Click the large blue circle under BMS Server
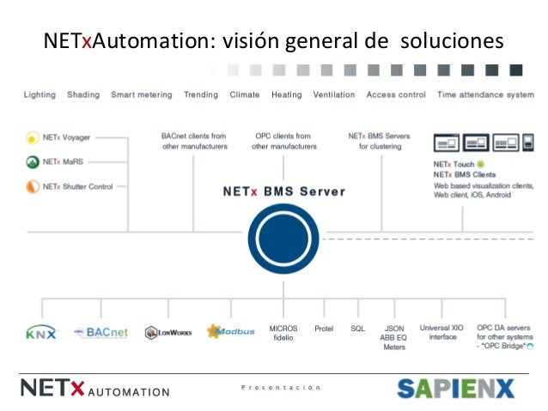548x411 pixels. pyautogui.click(x=283, y=236)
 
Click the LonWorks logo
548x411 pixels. pyautogui.click(x=167, y=332)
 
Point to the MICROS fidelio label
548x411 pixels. pyautogui.click(x=283, y=333)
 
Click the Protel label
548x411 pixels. pyautogui.click(x=324, y=329)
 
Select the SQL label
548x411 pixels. pyautogui.click(x=357, y=329)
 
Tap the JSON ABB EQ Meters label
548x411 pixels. pyautogui.click(x=394, y=337)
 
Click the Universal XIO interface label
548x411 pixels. pyautogui.click(x=442, y=332)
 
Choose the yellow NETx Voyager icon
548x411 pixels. pyautogui.click(x=32, y=136)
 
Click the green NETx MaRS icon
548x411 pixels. pyautogui.click(x=32, y=160)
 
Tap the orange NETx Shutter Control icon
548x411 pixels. pyautogui.click(x=32, y=185)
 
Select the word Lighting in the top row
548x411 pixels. pyautogui.click(x=40, y=95)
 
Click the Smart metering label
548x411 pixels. pyautogui.click(x=141, y=95)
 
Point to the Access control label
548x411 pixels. pyautogui.click(x=395, y=95)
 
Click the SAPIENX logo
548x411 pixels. pyautogui.click(x=454, y=389)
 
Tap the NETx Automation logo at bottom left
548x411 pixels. pyautogui.click(x=94, y=389)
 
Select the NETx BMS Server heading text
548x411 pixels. pyautogui.click(x=278, y=190)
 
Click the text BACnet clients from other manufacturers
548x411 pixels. pyautogui.click(x=194, y=141)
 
